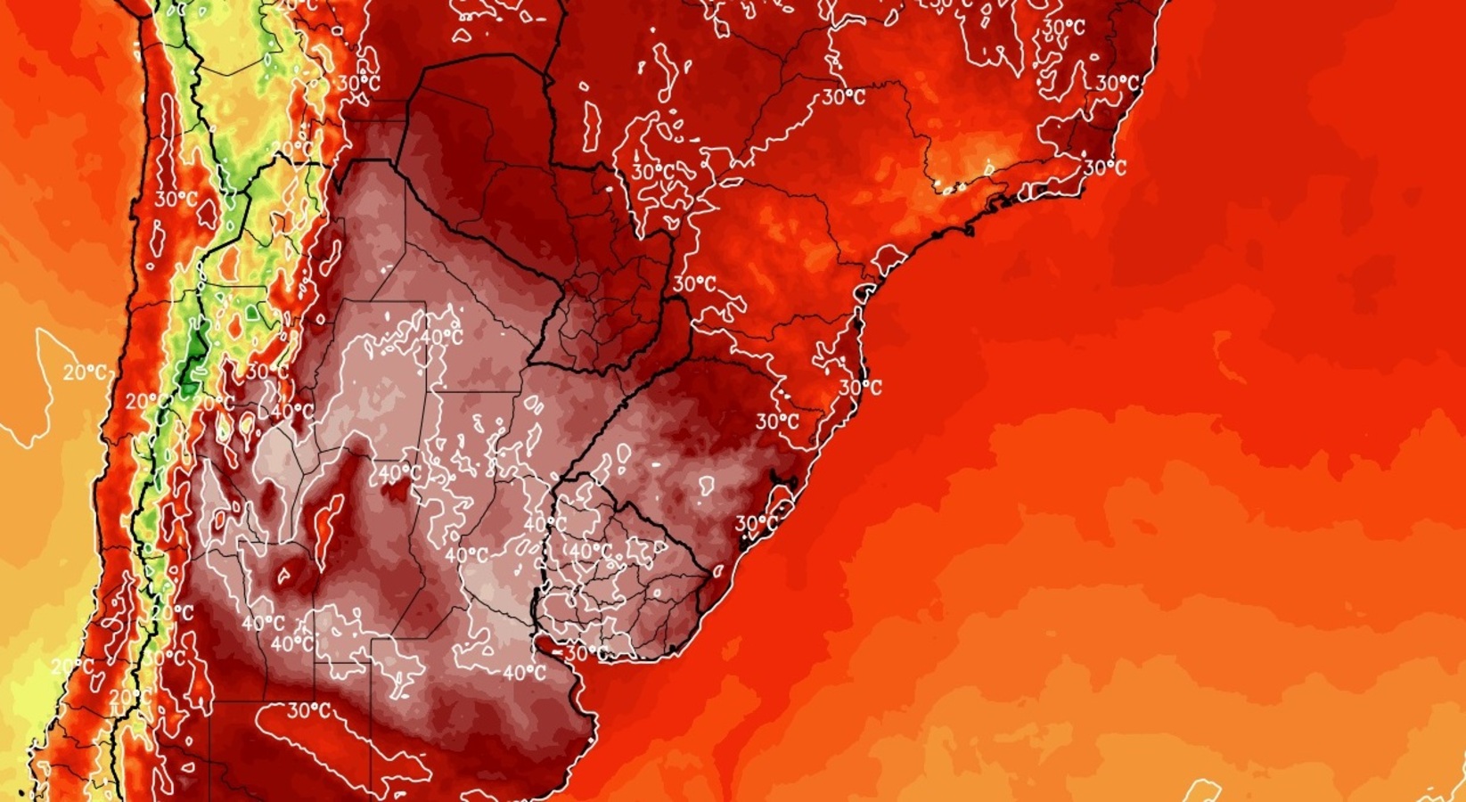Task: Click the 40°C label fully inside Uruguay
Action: (590, 552)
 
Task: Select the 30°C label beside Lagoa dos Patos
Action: (757, 523)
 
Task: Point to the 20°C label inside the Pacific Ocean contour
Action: (84, 372)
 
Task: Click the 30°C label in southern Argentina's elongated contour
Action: (308, 711)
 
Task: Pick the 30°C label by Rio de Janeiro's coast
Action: (1104, 168)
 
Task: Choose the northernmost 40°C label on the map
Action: (442, 338)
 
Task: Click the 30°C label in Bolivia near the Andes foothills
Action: (359, 83)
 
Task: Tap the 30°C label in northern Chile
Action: (176, 199)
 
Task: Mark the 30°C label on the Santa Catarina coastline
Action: (861, 387)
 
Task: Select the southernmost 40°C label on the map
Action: (524, 674)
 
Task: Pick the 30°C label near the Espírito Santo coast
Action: (1118, 83)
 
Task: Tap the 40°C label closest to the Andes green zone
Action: (291, 412)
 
